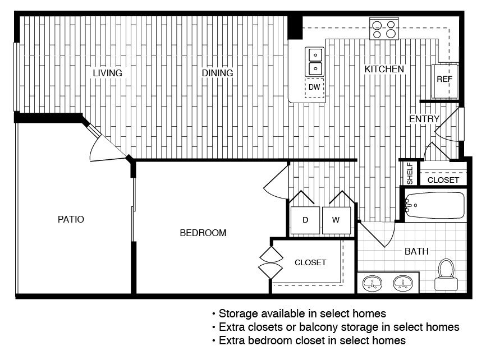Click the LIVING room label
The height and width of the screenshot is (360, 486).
point(108,73)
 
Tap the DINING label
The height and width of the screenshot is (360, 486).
point(217,73)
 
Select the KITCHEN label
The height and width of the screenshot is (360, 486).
point(384,69)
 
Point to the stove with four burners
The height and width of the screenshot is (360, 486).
point(384,29)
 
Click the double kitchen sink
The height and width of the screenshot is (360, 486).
point(315,62)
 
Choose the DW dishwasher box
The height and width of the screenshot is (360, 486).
point(314,87)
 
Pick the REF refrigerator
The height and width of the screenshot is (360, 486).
point(444,81)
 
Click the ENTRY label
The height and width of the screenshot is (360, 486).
point(424,119)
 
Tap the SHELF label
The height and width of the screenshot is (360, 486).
point(410,173)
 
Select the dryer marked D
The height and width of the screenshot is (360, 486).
point(305,220)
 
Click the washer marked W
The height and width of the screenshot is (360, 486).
point(336,220)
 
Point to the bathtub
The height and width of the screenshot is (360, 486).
point(435,205)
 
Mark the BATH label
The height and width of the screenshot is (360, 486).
point(416,251)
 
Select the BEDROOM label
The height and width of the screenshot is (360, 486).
point(203,233)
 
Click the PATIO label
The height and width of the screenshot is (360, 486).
point(71,219)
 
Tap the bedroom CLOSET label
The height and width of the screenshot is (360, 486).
point(310,263)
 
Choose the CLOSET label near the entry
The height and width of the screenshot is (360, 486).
point(443,180)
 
